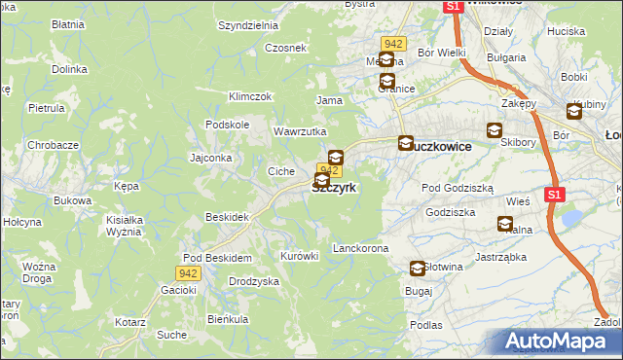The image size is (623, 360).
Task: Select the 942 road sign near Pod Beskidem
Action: (189, 274)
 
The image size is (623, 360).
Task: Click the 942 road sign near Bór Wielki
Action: (393, 44)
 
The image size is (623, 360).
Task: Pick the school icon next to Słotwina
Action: (418, 269)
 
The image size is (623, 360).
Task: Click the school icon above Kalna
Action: (504, 224)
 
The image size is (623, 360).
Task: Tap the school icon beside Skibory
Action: (495, 130)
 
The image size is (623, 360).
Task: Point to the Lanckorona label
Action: (360, 249)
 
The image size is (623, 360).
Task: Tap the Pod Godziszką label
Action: (458, 188)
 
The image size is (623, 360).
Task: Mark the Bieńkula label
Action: (228, 319)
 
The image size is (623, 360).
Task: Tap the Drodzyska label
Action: (254, 281)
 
